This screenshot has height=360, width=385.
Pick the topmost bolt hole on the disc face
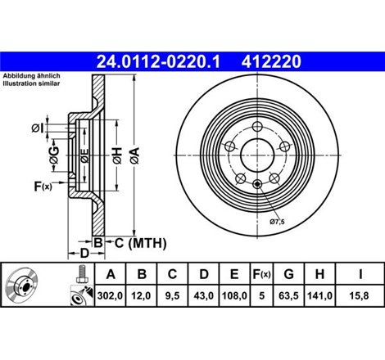pyautogui.click(x=260, y=125)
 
